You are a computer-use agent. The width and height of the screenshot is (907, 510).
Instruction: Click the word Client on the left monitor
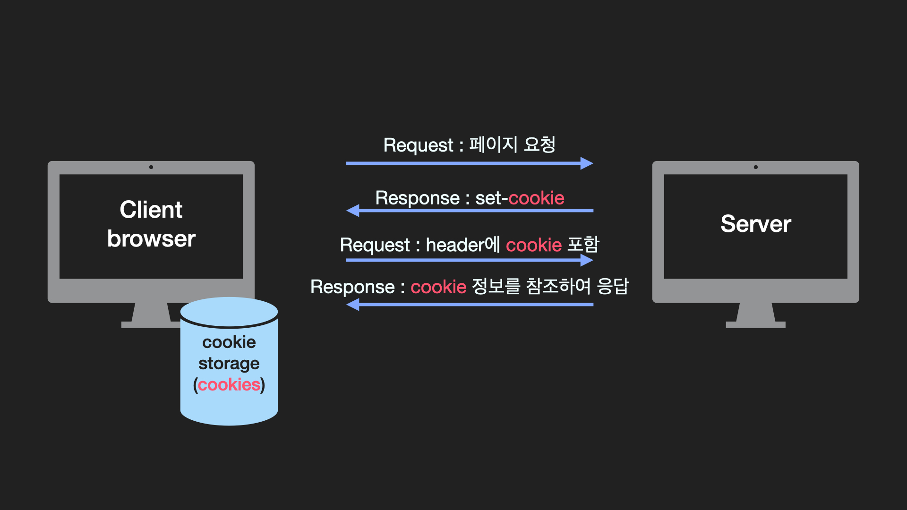(x=151, y=210)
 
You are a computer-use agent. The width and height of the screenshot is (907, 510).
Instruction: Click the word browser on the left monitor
(x=151, y=239)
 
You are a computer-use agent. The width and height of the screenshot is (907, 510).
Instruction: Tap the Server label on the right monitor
(x=755, y=224)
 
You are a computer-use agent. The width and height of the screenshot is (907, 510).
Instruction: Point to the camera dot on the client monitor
(x=151, y=167)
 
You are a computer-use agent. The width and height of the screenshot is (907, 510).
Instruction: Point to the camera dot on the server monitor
(x=756, y=167)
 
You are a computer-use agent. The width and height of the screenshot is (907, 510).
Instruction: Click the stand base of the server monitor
(x=755, y=324)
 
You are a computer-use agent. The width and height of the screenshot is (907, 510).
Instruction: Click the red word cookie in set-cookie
(x=536, y=198)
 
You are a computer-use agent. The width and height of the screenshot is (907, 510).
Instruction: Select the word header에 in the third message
(x=462, y=245)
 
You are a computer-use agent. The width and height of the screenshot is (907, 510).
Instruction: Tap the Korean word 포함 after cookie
(x=583, y=245)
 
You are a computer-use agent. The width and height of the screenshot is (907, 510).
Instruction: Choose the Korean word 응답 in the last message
(x=613, y=286)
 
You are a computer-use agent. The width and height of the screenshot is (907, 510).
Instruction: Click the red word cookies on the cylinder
(x=229, y=385)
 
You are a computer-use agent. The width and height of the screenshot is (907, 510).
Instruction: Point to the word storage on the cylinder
(x=229, y=364)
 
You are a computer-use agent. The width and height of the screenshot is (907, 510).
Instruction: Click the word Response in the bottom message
(x=352, y=287)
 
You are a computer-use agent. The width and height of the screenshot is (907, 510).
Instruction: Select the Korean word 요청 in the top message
(x=539, y=144)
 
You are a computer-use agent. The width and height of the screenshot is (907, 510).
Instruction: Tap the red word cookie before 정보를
(x=438, y=287)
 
